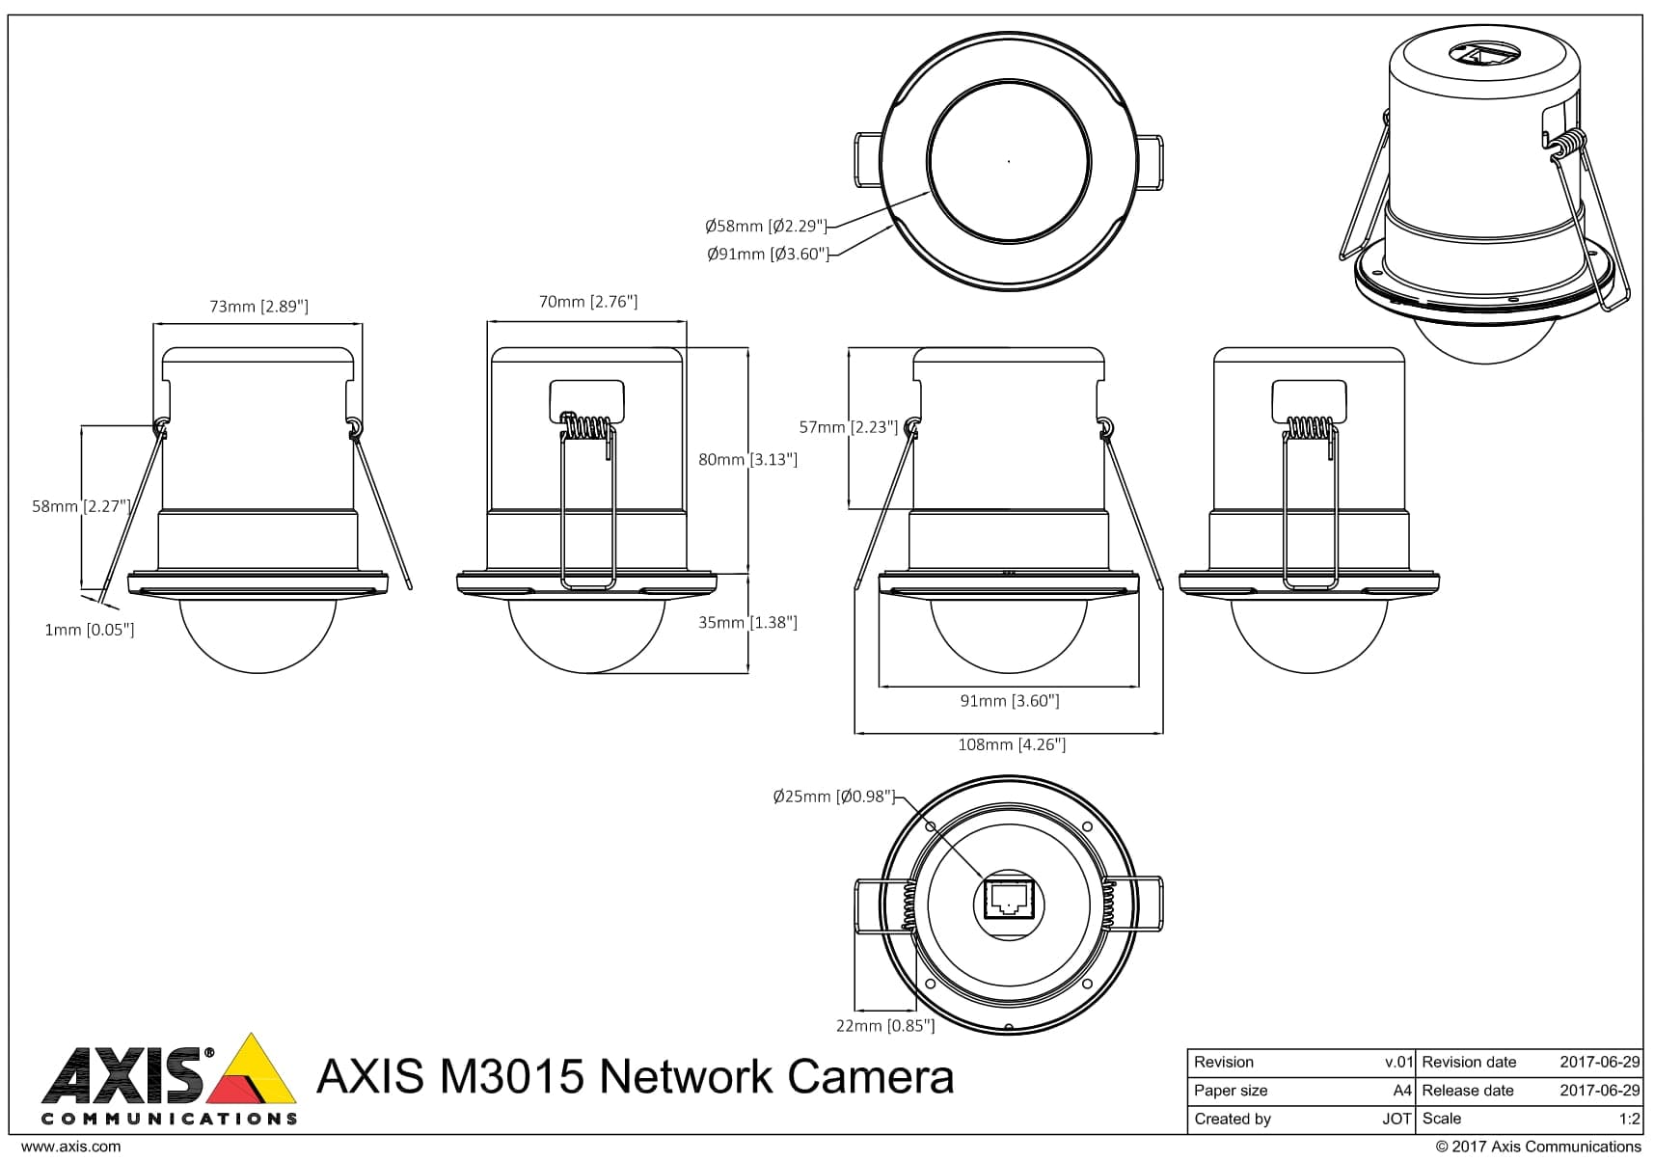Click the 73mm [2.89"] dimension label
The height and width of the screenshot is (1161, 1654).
click(258, 307)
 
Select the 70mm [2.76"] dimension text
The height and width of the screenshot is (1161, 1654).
click(588, 302)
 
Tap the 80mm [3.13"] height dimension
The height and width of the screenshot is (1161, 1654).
click(748, 460)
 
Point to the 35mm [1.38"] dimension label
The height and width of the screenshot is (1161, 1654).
click(748, 623)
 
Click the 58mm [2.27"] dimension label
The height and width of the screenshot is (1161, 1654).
click(80, 506)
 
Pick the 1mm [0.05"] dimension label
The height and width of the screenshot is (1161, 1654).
click(90, 630)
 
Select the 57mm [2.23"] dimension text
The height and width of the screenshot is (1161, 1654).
click(849, 427)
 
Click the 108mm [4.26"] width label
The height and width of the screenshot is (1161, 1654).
click(1011, 744)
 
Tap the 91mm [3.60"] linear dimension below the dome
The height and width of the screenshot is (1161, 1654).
click(1010, 701)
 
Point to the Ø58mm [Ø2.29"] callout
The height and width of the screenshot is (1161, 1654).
click(766, 227)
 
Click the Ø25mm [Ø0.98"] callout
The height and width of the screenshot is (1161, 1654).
click(834, 797)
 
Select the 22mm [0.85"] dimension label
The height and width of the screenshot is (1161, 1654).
click(885, 1026)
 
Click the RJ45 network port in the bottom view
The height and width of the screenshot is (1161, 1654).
click(1009, 900)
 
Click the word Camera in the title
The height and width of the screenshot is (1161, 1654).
click(871, 1077)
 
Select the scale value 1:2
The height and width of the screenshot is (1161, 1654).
click(1629, 1120)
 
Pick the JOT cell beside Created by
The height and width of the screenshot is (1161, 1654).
click(1396, 1120)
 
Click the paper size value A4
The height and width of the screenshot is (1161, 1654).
click(1402, 1091)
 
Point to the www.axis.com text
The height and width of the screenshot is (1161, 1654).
click(71, 1147)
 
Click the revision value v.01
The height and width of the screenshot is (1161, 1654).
click(1398, 1062)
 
